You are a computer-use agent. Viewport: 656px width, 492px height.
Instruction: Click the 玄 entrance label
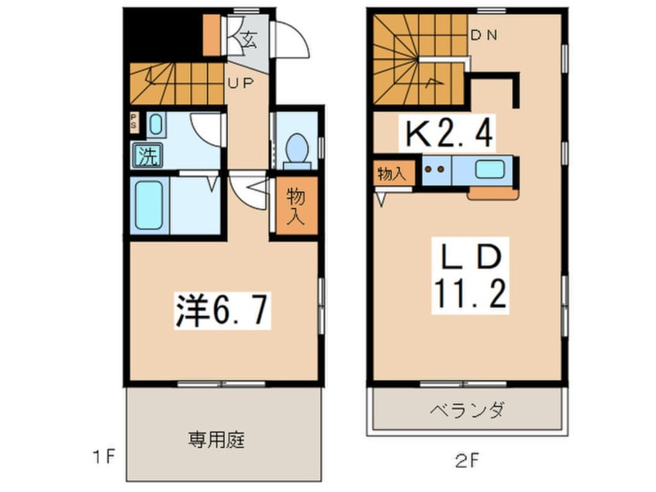250,40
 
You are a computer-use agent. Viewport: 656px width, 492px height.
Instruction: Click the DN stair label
485,36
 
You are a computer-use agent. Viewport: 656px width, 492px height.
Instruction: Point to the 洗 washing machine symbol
146,156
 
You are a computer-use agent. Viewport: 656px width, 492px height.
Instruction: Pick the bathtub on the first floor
148,204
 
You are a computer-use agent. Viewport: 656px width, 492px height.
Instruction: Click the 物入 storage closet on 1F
295,205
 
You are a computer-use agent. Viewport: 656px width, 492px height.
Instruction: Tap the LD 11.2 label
470,276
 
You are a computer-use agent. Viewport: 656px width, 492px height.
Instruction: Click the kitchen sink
490,169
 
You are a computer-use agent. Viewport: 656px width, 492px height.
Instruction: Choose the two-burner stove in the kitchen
437,169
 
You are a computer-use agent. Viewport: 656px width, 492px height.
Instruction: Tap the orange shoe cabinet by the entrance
212,35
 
